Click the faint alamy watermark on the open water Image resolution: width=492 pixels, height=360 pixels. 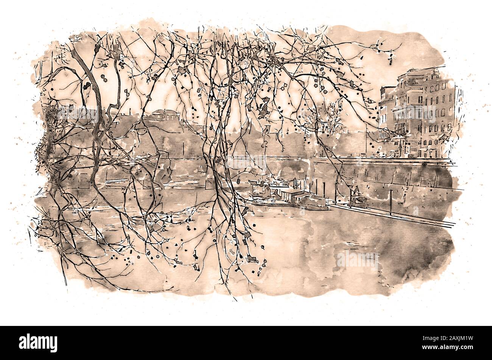[356, 259]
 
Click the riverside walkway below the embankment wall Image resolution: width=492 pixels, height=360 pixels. [397, 216]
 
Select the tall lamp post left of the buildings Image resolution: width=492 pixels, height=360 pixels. [366, 140]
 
